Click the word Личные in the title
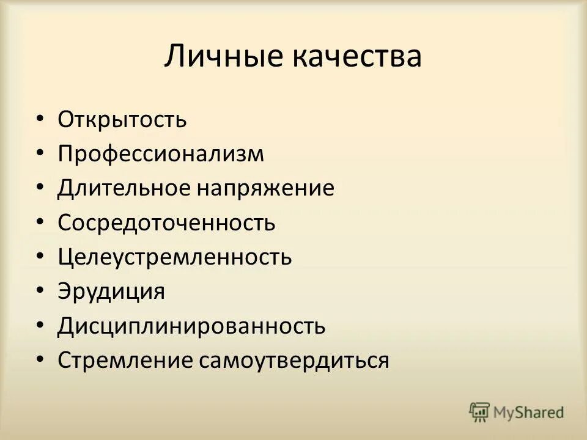(223, 57)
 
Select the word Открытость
(122, 119)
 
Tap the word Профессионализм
(161, 153)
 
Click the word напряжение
(265, 188)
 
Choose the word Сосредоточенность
(167, 222)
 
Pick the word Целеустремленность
(175, 257)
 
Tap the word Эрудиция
(112, 291)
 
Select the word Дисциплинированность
(191, 326)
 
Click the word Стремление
(125, 360)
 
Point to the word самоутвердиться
(293, 360)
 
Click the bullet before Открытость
(40, 119)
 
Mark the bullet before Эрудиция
(40, 291)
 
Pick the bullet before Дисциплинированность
(40, 325)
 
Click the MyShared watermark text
(529, 413)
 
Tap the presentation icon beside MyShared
(480, 412)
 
